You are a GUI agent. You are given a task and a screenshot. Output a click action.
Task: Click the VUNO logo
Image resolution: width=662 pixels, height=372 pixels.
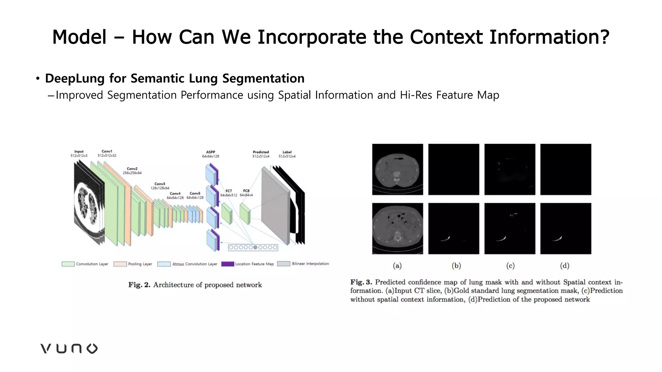point(69,348)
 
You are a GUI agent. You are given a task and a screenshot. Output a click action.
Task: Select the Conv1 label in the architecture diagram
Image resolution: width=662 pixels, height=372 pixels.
point(107,151)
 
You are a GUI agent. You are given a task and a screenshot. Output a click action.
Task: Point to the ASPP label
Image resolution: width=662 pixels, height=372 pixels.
point(210,152)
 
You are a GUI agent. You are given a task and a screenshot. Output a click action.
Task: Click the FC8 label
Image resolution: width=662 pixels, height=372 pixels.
point(246,191)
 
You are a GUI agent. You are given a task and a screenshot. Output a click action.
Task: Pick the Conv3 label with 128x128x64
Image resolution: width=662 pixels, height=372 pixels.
point(160,184)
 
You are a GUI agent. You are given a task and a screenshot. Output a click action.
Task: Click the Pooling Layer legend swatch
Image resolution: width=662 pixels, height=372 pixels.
point(120,264)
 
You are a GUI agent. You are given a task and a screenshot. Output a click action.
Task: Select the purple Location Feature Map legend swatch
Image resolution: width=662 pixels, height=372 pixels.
point(228,264)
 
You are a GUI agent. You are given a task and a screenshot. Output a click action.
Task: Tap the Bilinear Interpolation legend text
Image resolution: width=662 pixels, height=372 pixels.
point(310,264)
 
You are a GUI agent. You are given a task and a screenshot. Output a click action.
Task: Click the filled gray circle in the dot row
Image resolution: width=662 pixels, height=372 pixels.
point(255,247)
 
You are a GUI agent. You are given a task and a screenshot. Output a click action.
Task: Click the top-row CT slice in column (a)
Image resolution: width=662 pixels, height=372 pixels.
point(398,170)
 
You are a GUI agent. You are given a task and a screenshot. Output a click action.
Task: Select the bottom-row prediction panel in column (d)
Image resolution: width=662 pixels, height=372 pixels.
point(566,229)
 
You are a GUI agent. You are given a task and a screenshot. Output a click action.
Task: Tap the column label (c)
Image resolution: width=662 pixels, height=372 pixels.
point(510,266)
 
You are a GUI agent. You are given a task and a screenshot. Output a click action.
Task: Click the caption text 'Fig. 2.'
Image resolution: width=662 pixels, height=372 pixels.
point(139,285)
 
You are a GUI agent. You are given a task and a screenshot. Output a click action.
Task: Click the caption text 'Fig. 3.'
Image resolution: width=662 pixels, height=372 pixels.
point(361,282)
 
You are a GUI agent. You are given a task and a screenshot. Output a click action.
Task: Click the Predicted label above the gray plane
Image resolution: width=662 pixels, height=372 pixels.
point(261,152)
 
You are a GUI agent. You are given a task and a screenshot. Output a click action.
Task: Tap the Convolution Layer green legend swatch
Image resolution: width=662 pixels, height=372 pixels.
point(68,264)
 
